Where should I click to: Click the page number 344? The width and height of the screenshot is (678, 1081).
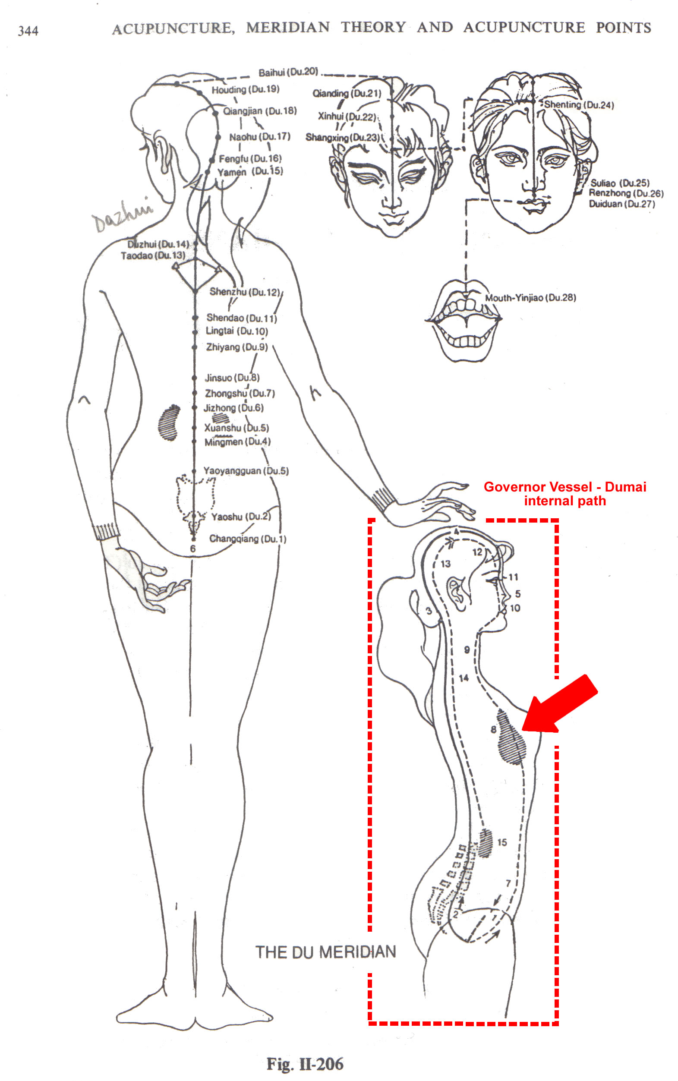click(28, 31)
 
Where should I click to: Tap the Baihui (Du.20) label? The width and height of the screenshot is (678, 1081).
click(288, 72)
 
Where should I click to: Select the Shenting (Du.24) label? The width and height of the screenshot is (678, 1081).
click(579, 105)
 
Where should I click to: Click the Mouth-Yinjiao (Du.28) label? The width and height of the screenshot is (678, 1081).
click(530, 298)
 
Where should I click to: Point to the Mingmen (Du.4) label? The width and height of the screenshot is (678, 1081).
click(237, 442)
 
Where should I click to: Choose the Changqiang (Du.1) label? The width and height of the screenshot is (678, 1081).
click(248, 539)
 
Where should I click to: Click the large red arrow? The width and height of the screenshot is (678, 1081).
click(560, 705)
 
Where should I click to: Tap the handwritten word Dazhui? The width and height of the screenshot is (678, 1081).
click(122, 214)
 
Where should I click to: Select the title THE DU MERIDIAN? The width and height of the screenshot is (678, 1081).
click(325, 952)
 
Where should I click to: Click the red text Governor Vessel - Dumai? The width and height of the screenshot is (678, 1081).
click(565, 487)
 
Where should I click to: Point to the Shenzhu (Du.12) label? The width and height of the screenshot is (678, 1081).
click(244, 292)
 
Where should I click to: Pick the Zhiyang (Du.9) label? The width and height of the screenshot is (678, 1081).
click(237, 347)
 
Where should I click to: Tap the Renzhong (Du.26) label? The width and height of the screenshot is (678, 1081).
click(626, 193)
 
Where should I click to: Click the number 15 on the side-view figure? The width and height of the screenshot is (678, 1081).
click(502, 842)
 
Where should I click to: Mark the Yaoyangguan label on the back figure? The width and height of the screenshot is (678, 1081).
click(246, 471)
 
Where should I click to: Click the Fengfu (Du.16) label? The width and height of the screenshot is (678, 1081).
click(250, 159)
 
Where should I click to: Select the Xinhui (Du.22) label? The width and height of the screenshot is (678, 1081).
click(347, 117)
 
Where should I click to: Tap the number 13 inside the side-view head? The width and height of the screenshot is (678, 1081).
click(445, 564)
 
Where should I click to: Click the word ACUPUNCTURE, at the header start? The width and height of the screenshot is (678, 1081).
click(173, 28)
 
